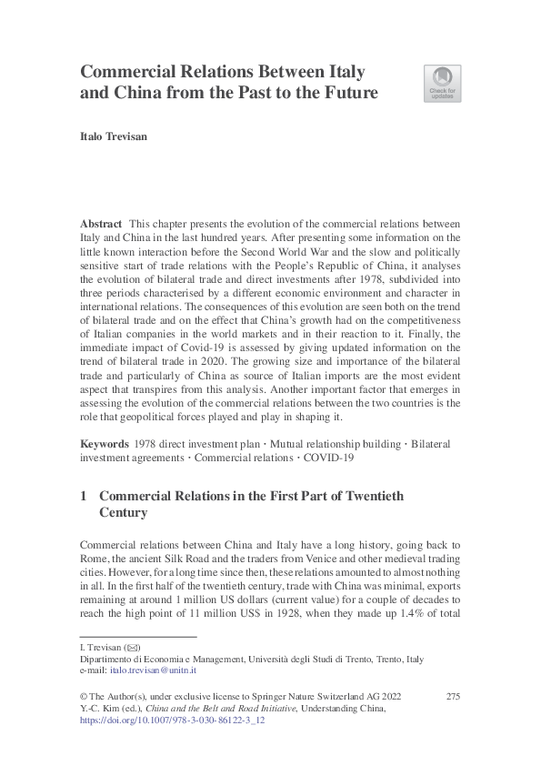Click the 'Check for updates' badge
442,83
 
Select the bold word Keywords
103,443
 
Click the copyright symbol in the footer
85,697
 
